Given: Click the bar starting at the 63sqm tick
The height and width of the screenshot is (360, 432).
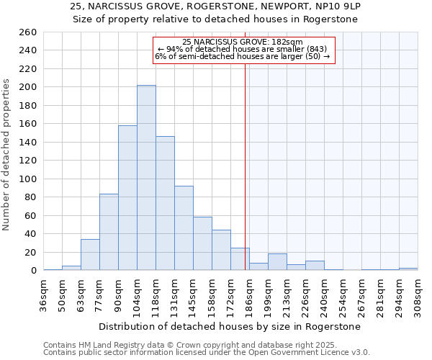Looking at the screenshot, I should (x=90, y=255).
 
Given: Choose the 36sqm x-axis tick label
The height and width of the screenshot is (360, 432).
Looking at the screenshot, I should (x=44, y=295).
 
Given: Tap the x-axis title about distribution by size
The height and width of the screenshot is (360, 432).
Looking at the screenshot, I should (x=230, y=326).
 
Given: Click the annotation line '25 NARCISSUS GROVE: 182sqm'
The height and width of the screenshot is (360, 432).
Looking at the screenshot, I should (x=243, y=42).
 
